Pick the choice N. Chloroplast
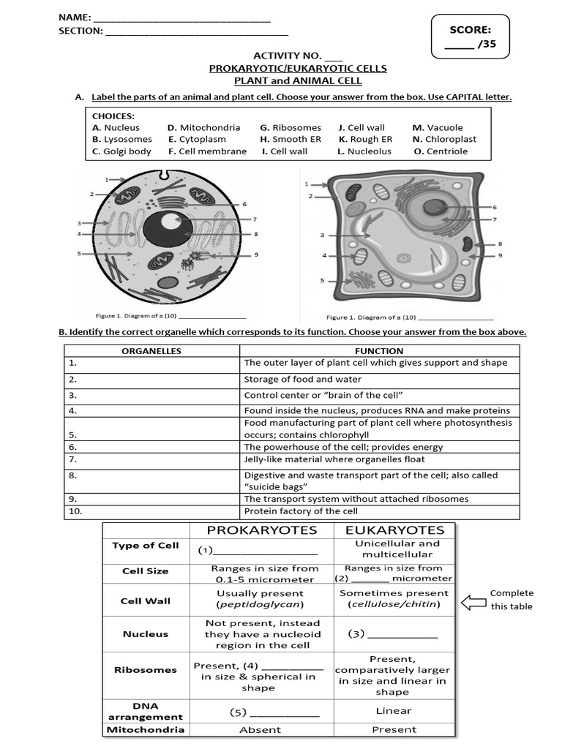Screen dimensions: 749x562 point(444,139)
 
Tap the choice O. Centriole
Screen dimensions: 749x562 point(441,151)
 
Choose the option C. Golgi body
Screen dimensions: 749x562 point(121,151)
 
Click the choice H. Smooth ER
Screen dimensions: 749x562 point(291,139)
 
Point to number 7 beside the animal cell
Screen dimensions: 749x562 point(255,219)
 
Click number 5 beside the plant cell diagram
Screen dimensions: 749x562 point(322,280)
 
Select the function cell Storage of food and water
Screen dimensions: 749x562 point(303,380)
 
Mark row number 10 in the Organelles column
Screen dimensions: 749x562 point(75,511)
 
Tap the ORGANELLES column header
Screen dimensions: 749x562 point(151,351)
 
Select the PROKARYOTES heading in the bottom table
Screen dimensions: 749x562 point(262,530)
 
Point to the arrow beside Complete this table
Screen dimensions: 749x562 point(472,601)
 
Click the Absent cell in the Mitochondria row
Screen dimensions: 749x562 point(260,729)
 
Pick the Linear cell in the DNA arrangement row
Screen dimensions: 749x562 point(394,710)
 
